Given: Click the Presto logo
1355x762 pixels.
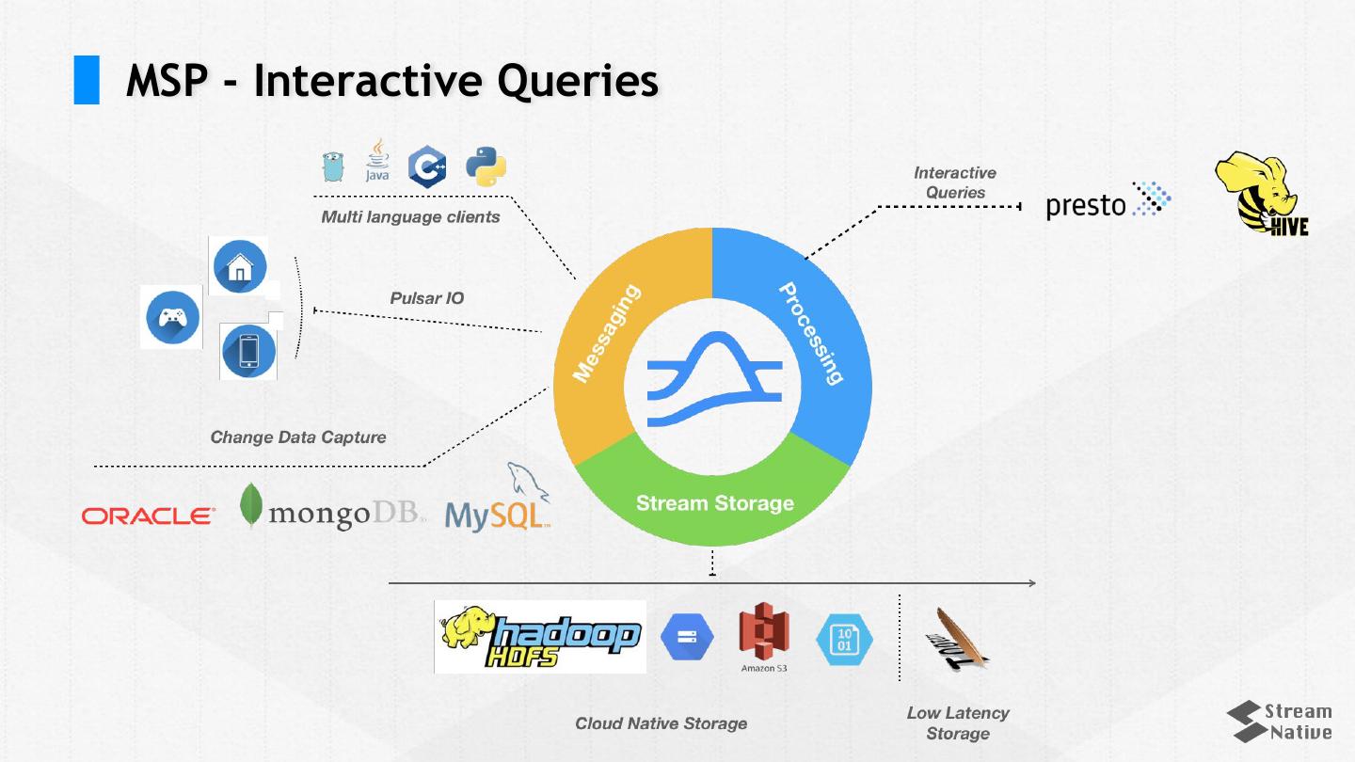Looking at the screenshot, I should coord(1108,201).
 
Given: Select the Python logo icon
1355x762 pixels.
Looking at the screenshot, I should coord(486,167).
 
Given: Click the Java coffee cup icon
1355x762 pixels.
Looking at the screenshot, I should coord(377,162).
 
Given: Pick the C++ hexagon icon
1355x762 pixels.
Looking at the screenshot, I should coord(427,167).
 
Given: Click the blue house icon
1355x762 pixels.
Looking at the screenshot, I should coord(240,266).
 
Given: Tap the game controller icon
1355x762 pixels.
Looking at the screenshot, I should coord(172,317).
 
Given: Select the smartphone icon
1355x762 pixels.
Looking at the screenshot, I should coord(249,351).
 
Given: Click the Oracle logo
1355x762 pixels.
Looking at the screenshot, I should coord(148,516).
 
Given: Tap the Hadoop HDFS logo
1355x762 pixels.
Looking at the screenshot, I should coord(540,637).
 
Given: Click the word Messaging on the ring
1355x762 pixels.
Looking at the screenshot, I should coord(607,334).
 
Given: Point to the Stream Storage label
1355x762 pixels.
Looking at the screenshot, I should coord(714,503).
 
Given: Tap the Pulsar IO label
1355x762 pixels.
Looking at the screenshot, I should coord(426,298).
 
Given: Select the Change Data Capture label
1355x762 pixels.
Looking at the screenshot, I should coord(297,437).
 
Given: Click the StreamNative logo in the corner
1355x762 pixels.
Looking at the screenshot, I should coord(1281,722).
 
